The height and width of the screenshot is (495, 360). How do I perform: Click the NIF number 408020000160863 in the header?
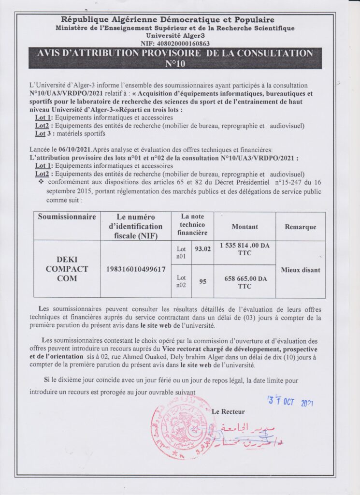coord(183,43)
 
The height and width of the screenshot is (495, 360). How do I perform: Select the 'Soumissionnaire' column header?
coord(67,217)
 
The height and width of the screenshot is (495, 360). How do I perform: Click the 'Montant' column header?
coord(245,226)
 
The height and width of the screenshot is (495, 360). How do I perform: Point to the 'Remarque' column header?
coord(300,227)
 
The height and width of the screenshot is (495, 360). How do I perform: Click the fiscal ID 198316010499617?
coord(135,269)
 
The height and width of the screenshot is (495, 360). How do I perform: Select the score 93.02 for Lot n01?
coord(202,249)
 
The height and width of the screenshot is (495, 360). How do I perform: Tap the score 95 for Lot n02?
coord(202,280)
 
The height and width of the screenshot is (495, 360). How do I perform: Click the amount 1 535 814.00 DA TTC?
coord(245,249)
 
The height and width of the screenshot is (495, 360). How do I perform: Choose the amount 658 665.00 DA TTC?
coord(245,282)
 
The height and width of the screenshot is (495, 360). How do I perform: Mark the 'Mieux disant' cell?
coord(300,270)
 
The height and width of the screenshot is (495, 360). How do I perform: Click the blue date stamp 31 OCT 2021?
coord(290,401)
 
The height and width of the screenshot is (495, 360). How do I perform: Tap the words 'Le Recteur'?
coord(228,411)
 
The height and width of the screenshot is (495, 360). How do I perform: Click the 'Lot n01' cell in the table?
coord(181,252)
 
